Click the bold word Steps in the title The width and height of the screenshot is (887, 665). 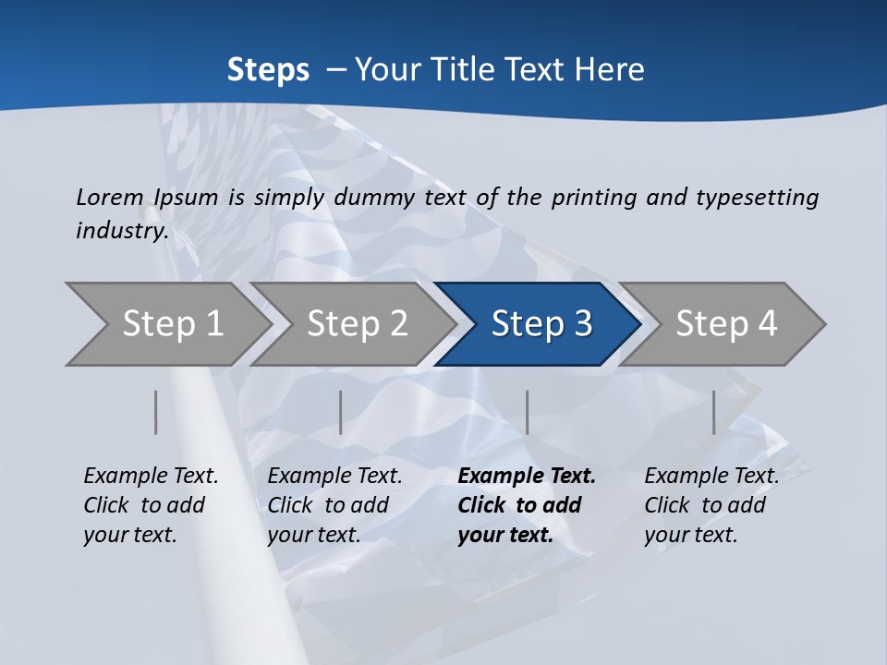coord(268,70)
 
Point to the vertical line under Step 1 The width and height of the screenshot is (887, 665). coord(156,412)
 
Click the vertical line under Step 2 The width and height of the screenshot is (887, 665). coord(341,412)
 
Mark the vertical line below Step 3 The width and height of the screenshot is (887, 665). coord(527,412)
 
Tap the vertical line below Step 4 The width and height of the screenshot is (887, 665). coord(713,412)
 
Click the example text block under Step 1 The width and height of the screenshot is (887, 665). coord(151,505)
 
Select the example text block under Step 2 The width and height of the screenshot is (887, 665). coord(334,505)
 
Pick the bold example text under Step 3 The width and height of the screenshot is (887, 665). coord(526,505)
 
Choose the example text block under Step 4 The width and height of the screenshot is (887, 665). coord(711,505)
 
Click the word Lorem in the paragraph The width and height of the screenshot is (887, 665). coord(109,198)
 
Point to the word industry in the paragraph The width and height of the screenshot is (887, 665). coord(122,231)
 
